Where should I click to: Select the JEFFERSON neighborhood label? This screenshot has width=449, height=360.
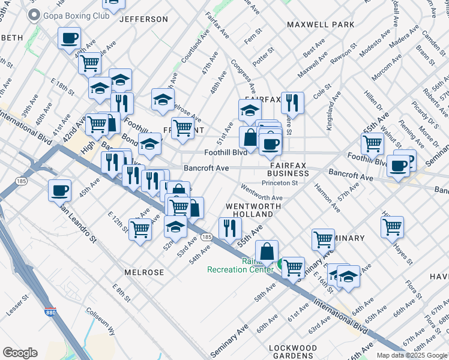pos(143,19)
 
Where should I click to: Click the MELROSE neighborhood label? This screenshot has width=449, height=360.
pos(144,272)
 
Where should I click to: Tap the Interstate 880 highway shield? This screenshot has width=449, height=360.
pos(50,313)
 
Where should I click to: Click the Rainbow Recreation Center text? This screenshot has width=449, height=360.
pos(240,265)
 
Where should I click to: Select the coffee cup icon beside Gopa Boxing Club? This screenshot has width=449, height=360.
pos(69,38)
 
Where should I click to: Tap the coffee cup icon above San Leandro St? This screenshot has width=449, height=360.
pos(60,190)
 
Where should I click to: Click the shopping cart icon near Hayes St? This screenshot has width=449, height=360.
pos(392,226)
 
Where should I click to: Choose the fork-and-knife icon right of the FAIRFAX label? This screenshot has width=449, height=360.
pos(292,101)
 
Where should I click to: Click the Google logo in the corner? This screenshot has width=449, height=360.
pos(20,352)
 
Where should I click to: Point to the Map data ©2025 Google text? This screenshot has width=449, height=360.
pos(412,355)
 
